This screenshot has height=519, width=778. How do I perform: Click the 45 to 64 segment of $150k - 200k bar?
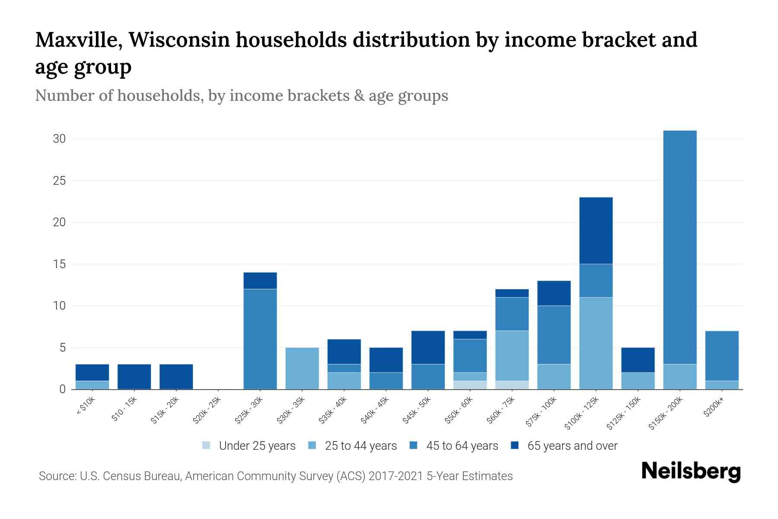[x=679, y=247]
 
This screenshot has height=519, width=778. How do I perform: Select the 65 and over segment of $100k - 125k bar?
[x=596, y=231]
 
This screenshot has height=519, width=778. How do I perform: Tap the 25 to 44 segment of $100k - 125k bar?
[x=596, y=343]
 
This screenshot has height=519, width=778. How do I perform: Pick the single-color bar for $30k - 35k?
[x=302, y=368]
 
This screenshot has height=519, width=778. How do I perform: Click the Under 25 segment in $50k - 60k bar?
[x=470, y=385]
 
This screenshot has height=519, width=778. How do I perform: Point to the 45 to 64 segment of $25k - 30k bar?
[x=260, y=339]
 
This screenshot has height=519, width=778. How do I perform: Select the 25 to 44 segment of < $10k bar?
[x=92, y=385]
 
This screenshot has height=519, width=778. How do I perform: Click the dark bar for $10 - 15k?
[x=134, y=376]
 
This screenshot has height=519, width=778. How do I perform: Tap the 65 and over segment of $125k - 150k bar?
[x=638, y=360]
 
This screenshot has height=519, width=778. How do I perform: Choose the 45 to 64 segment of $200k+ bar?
[x=721, y=356]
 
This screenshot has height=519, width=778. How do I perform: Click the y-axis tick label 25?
[x=59, y=180]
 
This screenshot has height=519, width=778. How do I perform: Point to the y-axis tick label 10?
[x=59, y=306]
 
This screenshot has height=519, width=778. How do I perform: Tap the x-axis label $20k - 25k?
[x=207, y=411]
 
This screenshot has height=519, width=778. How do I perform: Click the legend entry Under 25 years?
[x=257, y=446]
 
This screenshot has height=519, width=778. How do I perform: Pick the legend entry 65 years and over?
[x=572, y=446]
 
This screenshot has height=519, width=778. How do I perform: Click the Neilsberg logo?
[x=691, y=471]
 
